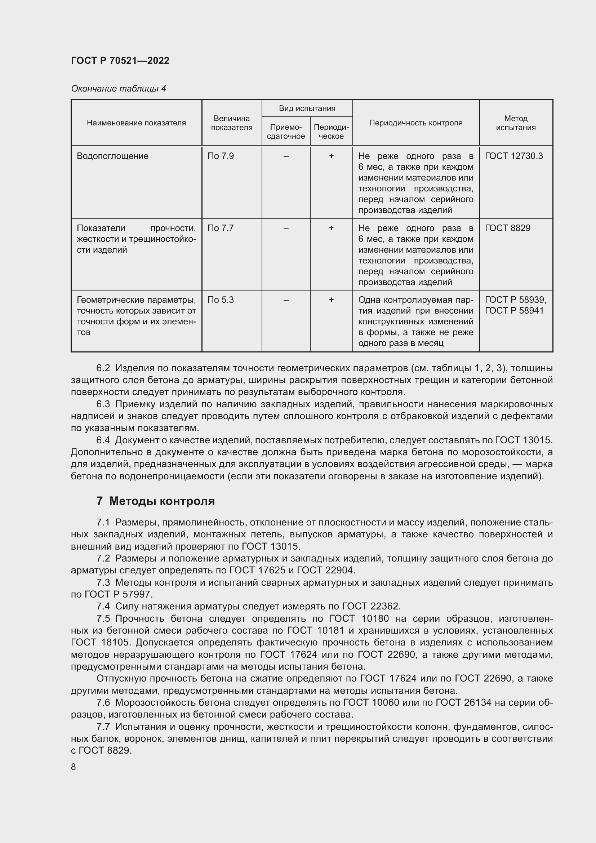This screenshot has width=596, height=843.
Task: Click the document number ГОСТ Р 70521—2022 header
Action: tap(120, 61)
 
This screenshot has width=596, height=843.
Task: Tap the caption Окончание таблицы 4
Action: tap(118, 89)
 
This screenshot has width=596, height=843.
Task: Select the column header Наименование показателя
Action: tap(136, 123)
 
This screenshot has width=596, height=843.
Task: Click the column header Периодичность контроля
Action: tap(415, 123)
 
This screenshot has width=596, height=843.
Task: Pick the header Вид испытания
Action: tap(307, 108)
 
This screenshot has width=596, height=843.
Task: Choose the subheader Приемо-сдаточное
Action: tap(285, 132)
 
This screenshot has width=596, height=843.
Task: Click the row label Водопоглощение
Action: tap(113, 156)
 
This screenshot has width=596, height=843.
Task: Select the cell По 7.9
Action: tap(221, 156)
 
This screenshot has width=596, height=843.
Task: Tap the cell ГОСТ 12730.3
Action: tap(513, 156)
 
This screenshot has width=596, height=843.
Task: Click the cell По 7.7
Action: tap(221, 228)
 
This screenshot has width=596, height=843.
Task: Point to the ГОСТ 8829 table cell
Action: tap(508, 228)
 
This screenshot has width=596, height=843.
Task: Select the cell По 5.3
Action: tap(221, 300)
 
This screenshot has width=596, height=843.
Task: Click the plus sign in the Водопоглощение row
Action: tap(331, 156)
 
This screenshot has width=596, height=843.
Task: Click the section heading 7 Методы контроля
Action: tap(156, 501)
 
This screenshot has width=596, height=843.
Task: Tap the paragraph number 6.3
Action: tap(103, 404)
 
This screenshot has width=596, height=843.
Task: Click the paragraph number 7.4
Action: tap(103, 606)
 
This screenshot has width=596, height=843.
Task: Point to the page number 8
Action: tap(74, 767)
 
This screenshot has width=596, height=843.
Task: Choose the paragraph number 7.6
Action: tap(103, 702)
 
